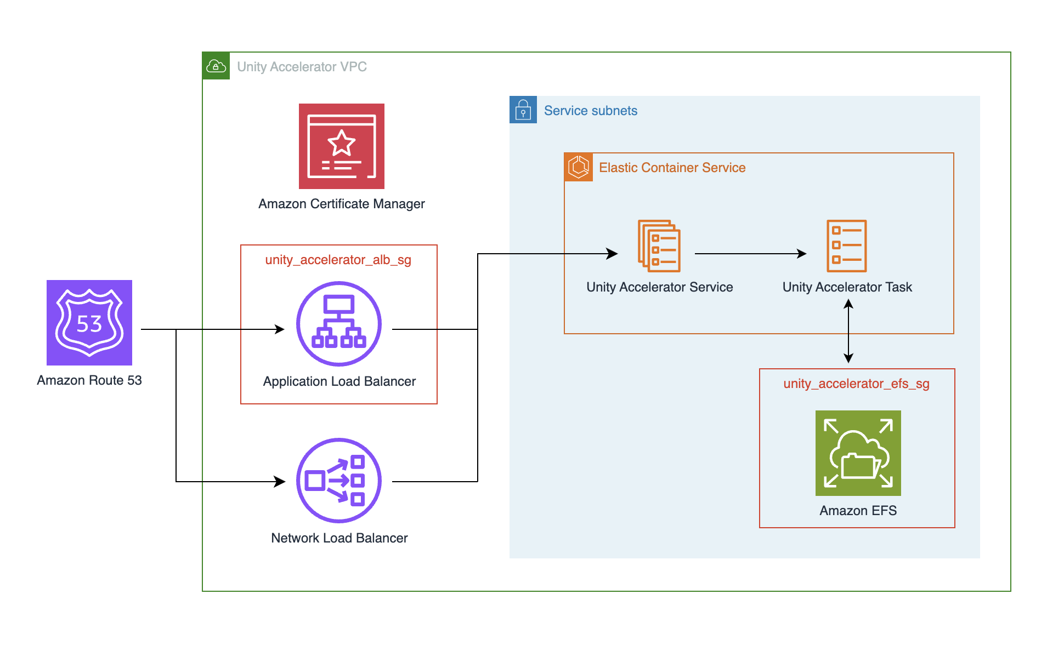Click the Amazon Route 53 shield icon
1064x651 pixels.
pyautogui.click(x=89, y=323)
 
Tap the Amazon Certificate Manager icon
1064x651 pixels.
pyautogui.click(x=341, y=146)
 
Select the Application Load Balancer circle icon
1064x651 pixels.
pyautogui.click(x=339, y=324)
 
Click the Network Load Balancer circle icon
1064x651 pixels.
pyautogui.click(x=339, y=481)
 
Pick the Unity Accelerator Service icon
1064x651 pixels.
pyautogui.click(x=659, y=246)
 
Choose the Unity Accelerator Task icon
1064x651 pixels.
pyautogui.click(x=846, y=246)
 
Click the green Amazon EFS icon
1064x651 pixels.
pyautogui.click(x=858, y=453)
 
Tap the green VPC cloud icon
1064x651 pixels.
pyautogui.click(x=216, y=66)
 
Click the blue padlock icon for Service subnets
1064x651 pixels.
pyautogui.click(x=523, y=110)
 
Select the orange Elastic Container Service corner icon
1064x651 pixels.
pyautogui.click(x=579, y=167)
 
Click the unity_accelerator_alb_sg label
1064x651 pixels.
pyautogui.click(x=338, y=260)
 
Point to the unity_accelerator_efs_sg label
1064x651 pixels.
pyautogui.click(x=856, y=384)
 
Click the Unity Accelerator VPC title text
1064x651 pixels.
pyautogui.click(x=302, y=67)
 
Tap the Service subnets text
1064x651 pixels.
pyautogui.click(x=590, y=111)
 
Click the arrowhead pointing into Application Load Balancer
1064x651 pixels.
pyautogui.click(x=280, y=329)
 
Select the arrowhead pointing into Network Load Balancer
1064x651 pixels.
pyautogui.click(x=280, y=482)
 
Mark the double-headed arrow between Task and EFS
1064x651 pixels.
pyautogui.click(x=848, y=332)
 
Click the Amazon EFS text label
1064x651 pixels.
pyautogui.click(x=858, y=511)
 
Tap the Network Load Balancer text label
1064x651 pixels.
pyautogui.click(x=339, y=538)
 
